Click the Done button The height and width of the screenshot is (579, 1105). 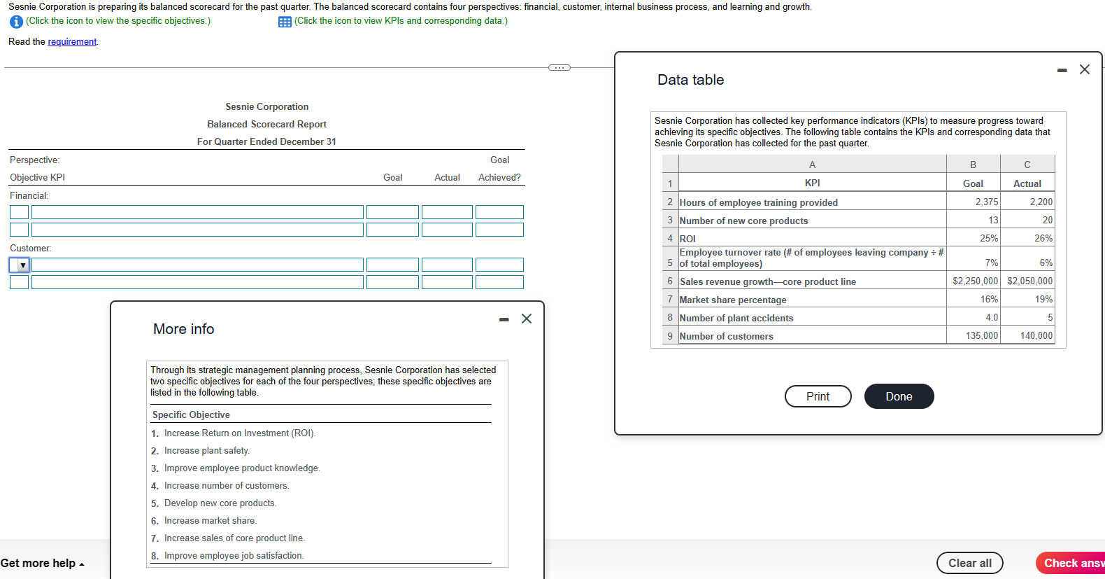pyautogui.click(x=899, y=396)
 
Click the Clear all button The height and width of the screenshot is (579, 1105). pyautogui.click(x=969, y=563)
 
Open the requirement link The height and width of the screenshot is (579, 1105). pyautogui.click(x=72, y=42)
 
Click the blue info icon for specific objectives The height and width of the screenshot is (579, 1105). pyautogui.click(x=16, y=22)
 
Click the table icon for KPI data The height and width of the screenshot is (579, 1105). pyautogui.click(x=285, y=22)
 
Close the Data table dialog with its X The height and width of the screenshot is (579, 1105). pyautogui.click(x=1084, y=69)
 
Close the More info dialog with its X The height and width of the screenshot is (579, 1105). pyautogui.click(x=527, y=319)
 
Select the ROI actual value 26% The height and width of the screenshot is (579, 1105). pyautogui.click(x=1043, y=238)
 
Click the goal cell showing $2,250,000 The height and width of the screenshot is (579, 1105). pyautogui.click(x=975, y=281)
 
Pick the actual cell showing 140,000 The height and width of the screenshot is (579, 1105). pyautogui.click(x=1036, y=335)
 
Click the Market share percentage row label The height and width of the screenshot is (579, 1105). pyautogui.click(x=733, y=300)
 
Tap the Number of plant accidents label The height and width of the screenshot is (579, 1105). pyautogui.click(x=736, y=318)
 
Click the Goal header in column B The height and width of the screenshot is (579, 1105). pyautogui.click(x=973, y=183)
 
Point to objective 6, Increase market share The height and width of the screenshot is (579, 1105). pyautogui.click(x=210, y=521)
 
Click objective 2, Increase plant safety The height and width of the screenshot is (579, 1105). pyautogui.click(x=206, y=451)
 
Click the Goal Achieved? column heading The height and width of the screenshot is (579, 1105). pyautogui.click(x=499, y=169)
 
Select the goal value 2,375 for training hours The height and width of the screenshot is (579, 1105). pyautogui.click(x=986, y=202)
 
